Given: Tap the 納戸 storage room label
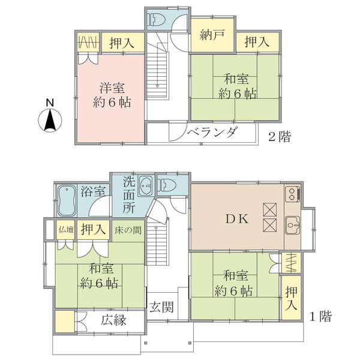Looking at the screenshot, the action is click(212, 35).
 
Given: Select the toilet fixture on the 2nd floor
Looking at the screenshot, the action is click(157, 19).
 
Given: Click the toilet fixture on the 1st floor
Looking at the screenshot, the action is click(167, 185).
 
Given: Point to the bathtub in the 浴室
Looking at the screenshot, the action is click(67, 200).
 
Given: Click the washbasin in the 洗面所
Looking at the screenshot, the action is click(146, 186).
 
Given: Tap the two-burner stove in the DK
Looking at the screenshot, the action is click(292, 194).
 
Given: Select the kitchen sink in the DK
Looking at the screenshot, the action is click(293, 225).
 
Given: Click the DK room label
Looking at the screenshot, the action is click(237, 219).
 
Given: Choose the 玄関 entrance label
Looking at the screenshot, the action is click(161, 307).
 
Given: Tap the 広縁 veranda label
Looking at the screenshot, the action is click(113, 320).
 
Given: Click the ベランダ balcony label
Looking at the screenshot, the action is click(212, 132).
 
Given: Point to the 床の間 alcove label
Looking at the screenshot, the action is click(128, 230).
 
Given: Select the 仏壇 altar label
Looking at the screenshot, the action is click(66, 229).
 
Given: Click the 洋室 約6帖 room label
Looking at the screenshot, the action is click(112, 95).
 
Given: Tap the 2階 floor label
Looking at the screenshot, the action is click(280, 136).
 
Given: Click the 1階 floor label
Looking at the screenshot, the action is click(320, 316).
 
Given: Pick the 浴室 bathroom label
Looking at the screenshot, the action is click(93, 191).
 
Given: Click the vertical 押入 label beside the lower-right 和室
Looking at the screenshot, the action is click(291, 298).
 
